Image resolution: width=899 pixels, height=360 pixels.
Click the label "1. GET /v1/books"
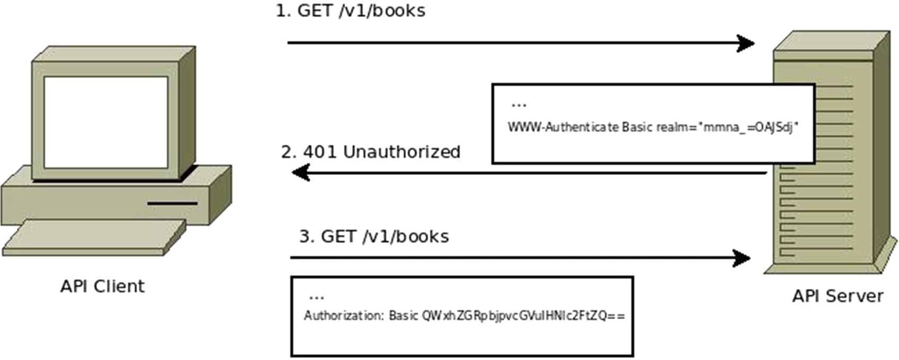click(x=350, y=11)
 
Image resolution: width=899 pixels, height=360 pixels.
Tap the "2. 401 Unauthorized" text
click(x=370, y=152)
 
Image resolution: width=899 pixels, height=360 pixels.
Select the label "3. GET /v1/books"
click(x=374, y=236)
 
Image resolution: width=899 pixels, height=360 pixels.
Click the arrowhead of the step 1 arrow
click(x=747, y=43)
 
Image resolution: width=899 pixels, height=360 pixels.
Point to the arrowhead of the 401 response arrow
click(x=301, y=172)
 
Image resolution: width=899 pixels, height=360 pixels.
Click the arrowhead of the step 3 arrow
click(x=742, y=258)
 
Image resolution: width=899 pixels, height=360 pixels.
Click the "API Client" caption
click(x=102, y=286)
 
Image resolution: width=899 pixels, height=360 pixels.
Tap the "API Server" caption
click(x=837, y=296)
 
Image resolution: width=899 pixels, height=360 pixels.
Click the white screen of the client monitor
click(x=106, y=122)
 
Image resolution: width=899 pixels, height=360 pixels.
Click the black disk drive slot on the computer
click(x=172, y=203)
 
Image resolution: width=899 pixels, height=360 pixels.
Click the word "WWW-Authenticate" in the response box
click(x=563, y=128)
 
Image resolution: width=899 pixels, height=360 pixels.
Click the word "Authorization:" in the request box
click(x=343, y=316)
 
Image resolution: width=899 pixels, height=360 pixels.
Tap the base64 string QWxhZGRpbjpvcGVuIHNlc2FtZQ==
click(x=523, y=316)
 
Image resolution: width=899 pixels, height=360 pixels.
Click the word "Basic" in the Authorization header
click(x=403, y=316)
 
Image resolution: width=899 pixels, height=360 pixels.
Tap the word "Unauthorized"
click(x=402, y=152)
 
